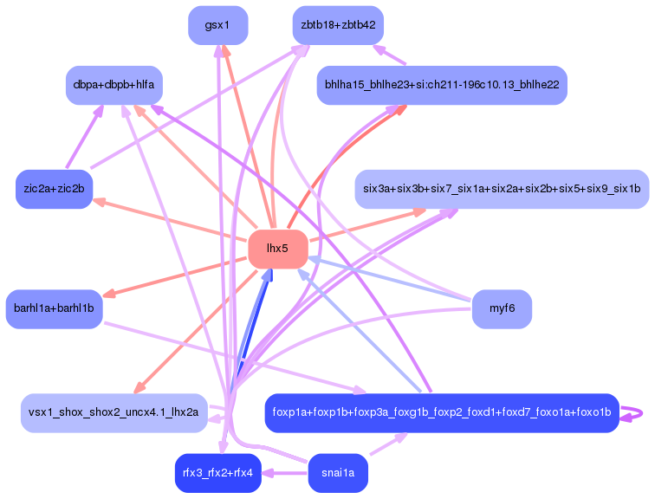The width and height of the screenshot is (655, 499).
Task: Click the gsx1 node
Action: point(217,25)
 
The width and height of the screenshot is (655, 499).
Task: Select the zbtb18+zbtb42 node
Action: point(338,25)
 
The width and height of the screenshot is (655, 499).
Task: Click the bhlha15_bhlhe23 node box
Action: point(441,85)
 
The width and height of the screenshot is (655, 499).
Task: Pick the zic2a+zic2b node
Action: point(55,190)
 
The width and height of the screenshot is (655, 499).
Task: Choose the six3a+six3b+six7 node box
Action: point(502,189)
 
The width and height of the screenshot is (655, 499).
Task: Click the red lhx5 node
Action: point(277,249)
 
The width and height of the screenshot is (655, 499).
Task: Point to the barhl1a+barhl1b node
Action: point(54,308)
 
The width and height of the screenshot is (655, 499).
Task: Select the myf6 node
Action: point(502,308)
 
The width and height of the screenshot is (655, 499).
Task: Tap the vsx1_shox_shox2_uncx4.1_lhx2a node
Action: point(113,412)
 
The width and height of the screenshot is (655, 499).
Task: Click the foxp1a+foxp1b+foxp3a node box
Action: point(441,412)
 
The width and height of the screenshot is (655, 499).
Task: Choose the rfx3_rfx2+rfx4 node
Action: point(217,472)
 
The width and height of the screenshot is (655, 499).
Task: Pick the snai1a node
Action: point(338,472)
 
